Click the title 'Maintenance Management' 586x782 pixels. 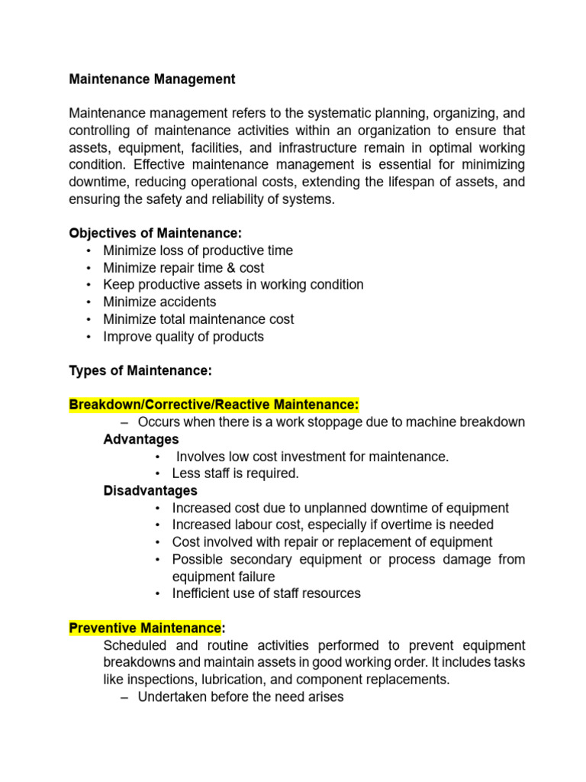coord(152,79)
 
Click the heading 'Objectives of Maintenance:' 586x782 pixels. coord(156,233)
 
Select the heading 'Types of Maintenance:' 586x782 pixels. coord(140,370)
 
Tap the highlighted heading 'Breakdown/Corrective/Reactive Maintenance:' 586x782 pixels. coord(214,405)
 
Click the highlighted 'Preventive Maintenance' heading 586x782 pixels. coord(144,628)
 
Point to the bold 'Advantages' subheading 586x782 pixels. coord(141,439)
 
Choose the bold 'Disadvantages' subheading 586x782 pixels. coord(150,490)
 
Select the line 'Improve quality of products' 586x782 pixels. coord(183,336)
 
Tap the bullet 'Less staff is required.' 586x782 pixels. coord(235,473)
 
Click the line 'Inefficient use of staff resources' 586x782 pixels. coord(266,593)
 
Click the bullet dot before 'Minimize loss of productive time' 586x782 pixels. coord(89,251)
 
